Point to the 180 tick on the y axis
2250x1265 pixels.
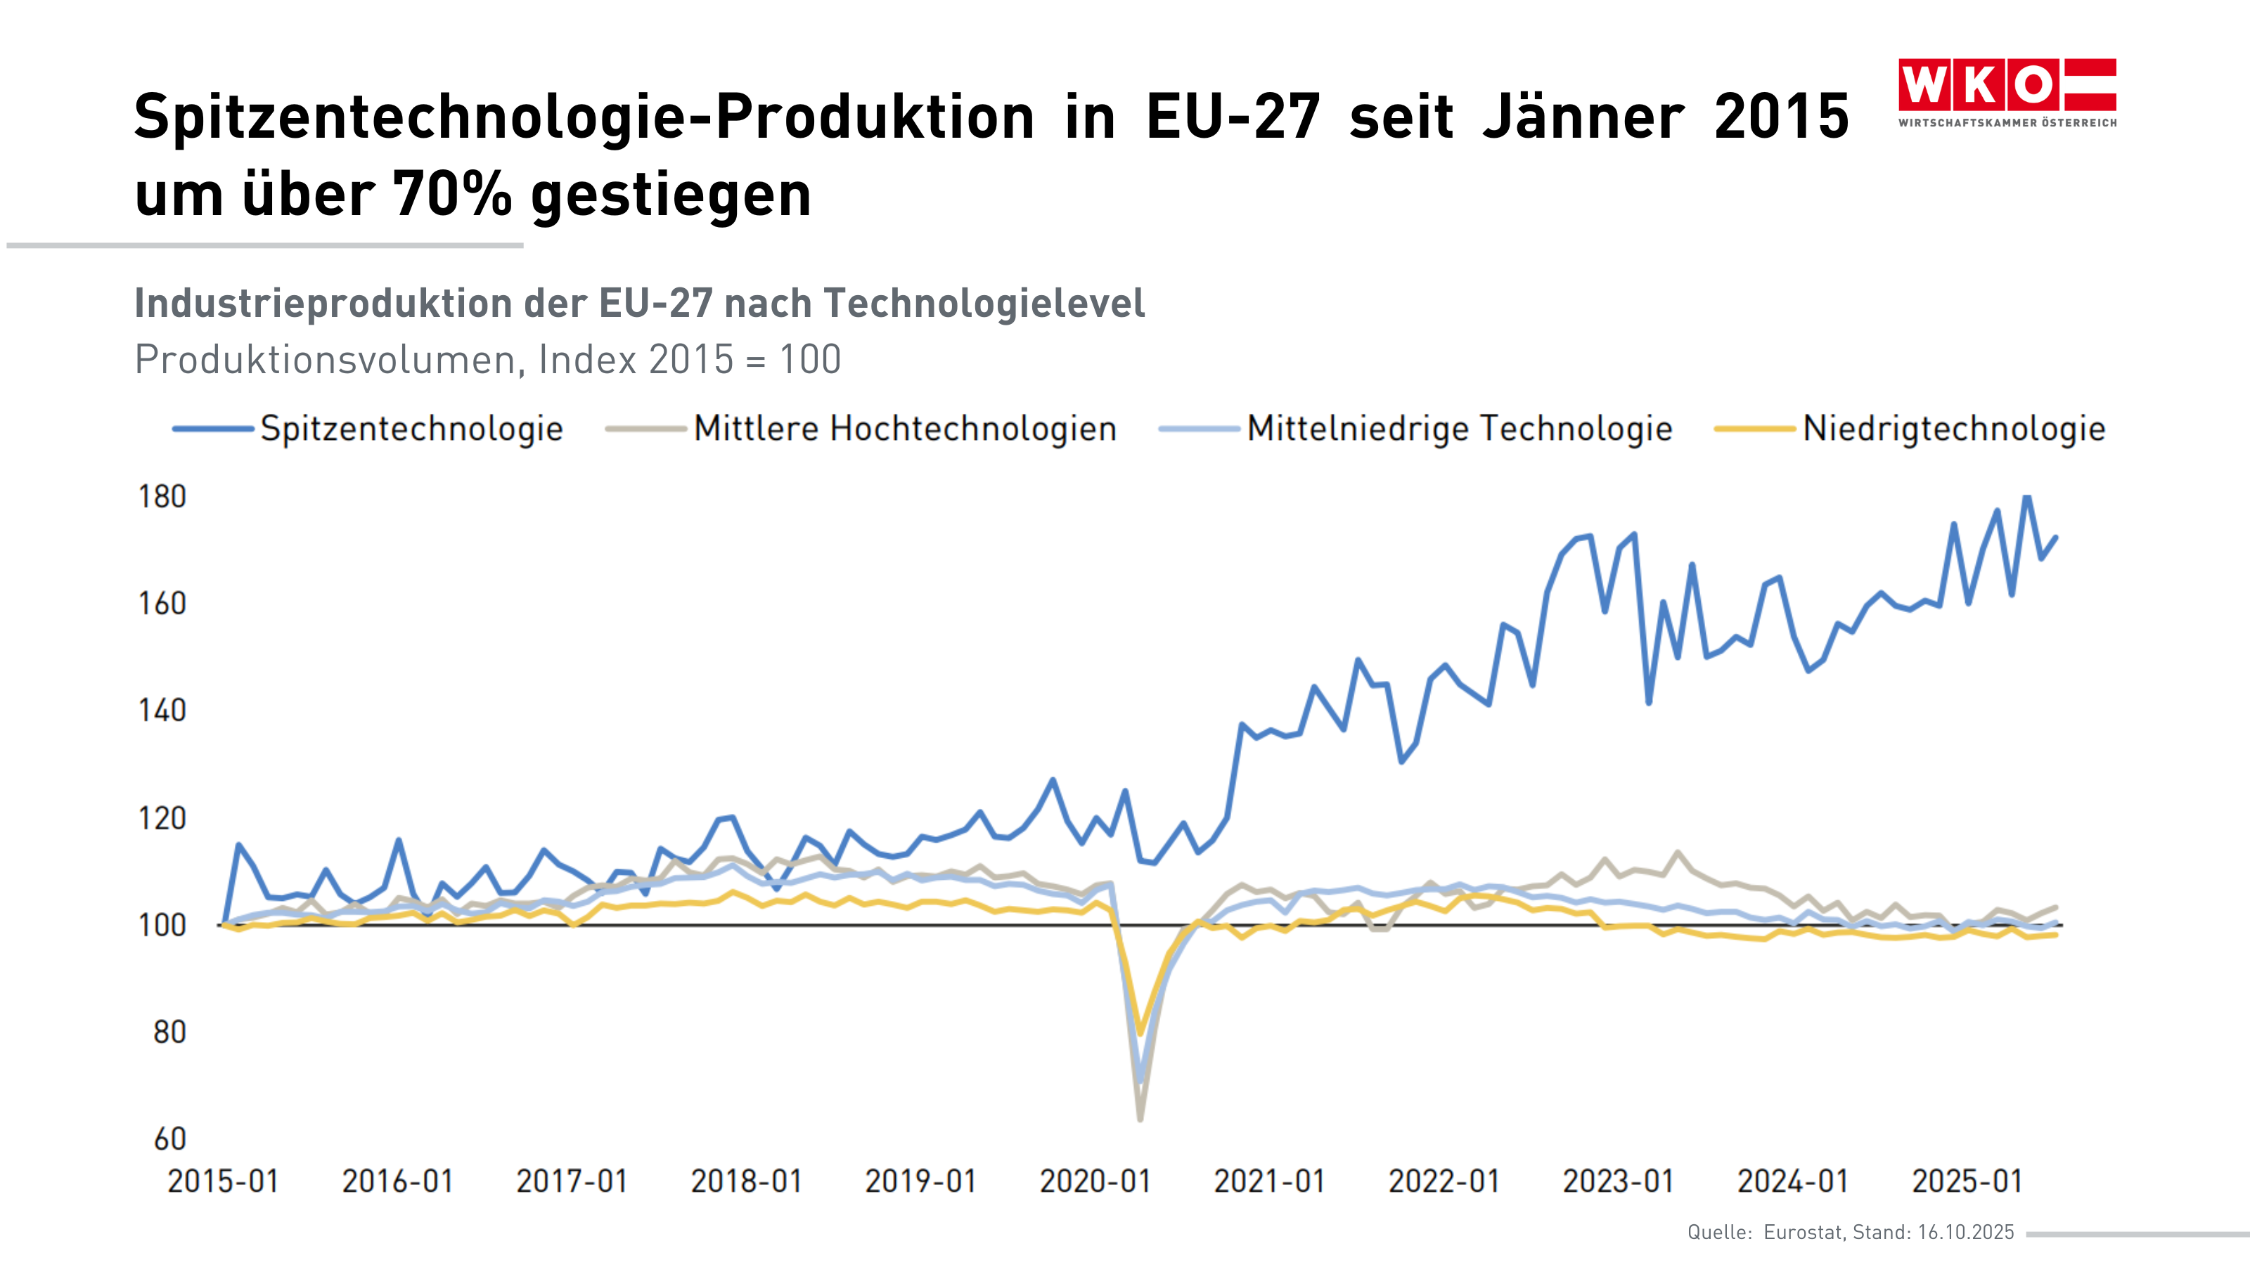pyautogui.click(x=162, y=497)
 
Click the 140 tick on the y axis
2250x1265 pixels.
pyautogui.click(x=162, y=711)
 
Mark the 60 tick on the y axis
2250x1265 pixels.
pyautogui.click(x=169, y=1138)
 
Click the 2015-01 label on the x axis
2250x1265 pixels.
pyautogui.click(x=223, y=1181)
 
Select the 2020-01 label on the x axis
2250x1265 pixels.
pyautogui.click(x=1095, y=1181)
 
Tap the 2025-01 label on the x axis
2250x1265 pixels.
pyautogui.click(x=1967, y=1181)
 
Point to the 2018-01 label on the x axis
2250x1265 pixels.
pyautogui.click(x=747, y=1181)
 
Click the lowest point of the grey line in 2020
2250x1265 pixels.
pyautogui.click(x=1140, y=1118)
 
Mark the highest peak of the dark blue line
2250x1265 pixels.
pyautogui.click(x=2027, y=498)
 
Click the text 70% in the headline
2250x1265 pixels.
pyautogui.click(x=451, y=194)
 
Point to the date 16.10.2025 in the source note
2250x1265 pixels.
pyautogui.click(x=1965, y=1232)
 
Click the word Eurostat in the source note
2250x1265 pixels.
pyautogui.click(x=1803, y=1232)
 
